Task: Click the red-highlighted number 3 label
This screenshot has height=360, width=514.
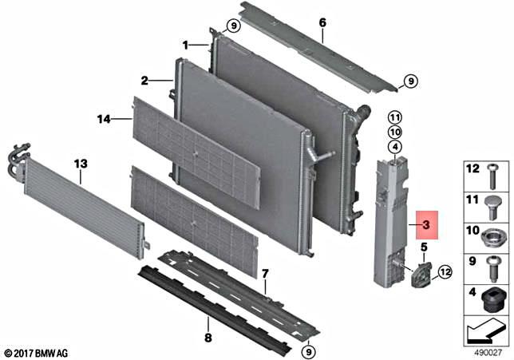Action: point(426,227)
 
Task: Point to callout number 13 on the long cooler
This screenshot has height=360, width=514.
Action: point(80,164)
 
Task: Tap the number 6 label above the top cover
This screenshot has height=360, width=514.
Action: point(322,23)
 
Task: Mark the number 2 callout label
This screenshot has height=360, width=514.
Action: point(144,80)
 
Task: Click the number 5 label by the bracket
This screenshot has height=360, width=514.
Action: point(422,247)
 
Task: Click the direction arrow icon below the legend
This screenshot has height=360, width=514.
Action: point(486,328)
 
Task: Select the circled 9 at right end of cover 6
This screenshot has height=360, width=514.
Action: point(409,81)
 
